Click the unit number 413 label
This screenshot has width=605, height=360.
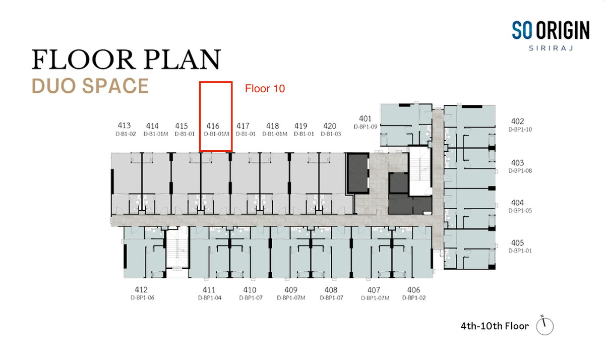(124, 126)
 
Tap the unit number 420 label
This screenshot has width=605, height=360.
(330, 126)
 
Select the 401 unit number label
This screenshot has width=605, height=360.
(365, 118)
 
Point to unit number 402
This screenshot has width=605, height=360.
(517, 121)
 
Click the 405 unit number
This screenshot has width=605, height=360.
(517, 243)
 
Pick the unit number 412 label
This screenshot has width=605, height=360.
(141, 290)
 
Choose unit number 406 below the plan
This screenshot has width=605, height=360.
(413, 290)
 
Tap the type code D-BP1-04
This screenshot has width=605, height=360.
(210, 298)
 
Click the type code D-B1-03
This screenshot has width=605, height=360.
(331, 134)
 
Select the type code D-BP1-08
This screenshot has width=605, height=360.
(520, 171)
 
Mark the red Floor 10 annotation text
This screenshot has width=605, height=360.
(265, 89)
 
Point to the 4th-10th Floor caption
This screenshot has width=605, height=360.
(495, 326)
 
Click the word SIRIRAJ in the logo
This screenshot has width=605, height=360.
(551, 48)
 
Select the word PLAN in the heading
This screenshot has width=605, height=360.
(183, 59)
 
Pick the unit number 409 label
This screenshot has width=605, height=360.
(291, 290)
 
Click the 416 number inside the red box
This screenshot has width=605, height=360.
(213, 126)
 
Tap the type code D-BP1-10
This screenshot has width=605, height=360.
(520, 130)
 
